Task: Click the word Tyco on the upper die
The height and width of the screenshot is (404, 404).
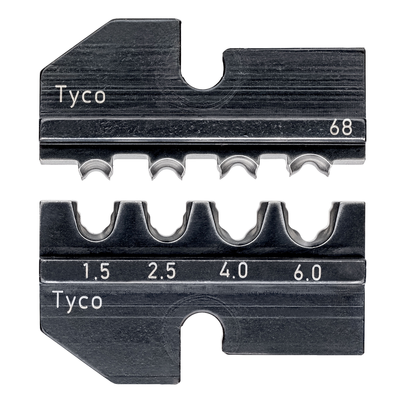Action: point(80,96)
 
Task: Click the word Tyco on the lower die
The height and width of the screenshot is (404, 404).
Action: point(77,301)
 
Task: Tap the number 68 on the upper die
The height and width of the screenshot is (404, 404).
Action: point(341,128)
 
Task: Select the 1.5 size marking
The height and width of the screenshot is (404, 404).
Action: point(96,272)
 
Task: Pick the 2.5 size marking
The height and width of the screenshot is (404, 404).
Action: point(162,272)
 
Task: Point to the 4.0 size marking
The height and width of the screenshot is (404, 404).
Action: point(234,271)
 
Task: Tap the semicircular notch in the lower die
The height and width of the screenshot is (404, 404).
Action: point(202,327)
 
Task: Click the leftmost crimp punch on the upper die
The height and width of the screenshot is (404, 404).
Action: point(96,168)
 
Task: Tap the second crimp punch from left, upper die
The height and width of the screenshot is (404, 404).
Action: point(166,168)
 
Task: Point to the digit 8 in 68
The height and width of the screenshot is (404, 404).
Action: point(346,128)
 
